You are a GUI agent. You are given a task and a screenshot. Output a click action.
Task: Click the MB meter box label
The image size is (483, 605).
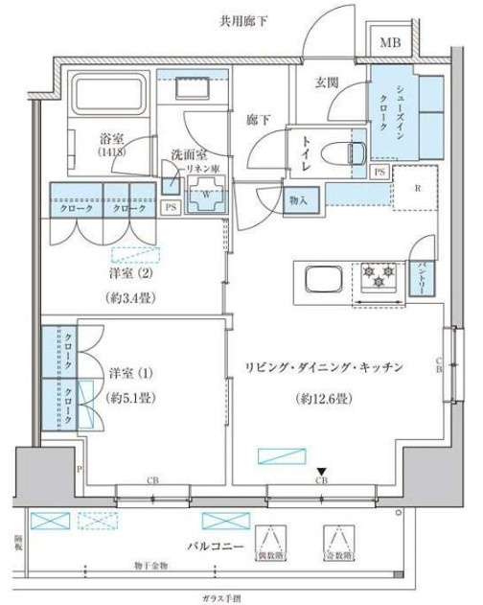(x=390, y=43)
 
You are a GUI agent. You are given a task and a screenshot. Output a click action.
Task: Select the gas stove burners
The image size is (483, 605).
(x=378, y=279)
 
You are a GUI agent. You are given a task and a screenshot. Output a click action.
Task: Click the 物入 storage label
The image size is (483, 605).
(x=297, y=200)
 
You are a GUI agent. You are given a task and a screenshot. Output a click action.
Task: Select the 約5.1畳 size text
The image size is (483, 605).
(x=133, y=397)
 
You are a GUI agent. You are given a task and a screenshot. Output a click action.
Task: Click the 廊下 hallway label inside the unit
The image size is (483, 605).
(x=257, y=119)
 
